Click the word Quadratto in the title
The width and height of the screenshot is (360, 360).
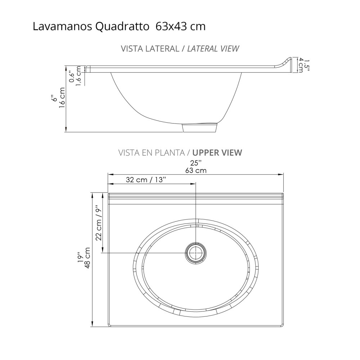tap(122, 27)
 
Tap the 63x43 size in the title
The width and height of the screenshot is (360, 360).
tap(171, 27)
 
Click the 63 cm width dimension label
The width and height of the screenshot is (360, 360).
tap(196, 170)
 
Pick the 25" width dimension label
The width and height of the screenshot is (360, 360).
tap(196, 163)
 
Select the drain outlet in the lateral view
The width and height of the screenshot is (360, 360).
tap(201, 127)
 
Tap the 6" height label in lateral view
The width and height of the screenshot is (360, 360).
tap(54, 98)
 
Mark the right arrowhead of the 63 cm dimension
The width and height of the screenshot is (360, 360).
tap(281, 174)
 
